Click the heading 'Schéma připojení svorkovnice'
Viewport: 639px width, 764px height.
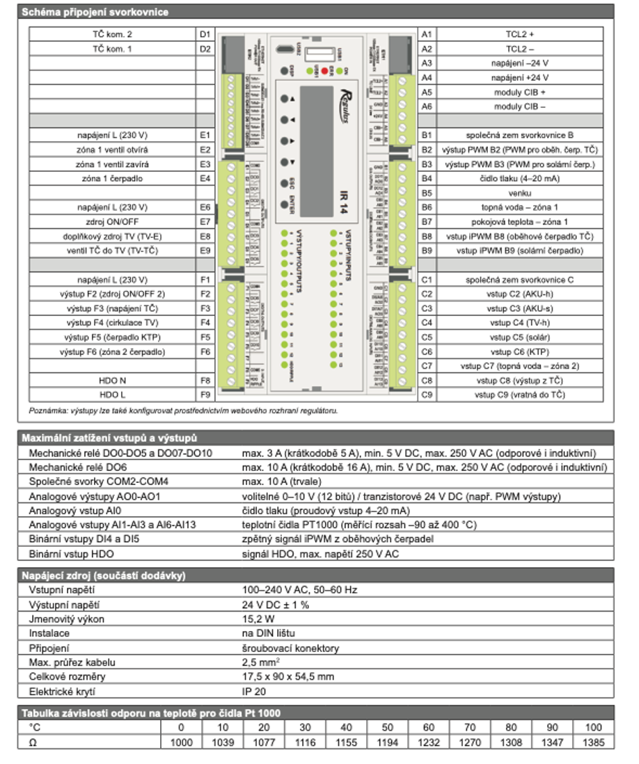pos(95,12)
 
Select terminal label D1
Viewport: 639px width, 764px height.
pos(205,34)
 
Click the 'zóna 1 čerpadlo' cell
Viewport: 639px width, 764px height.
pos(111,179)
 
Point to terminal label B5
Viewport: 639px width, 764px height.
pos(427,193)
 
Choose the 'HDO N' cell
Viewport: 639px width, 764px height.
pos(111,381)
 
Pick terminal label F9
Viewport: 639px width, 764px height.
pos(205,395)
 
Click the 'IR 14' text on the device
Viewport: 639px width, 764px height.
pos(341,193)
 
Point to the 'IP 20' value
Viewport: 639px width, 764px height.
pos(255,692)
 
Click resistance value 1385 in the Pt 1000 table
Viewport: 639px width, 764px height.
pos(594,742)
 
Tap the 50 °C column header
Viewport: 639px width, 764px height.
pos(388,728)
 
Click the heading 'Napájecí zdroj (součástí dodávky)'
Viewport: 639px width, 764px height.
pos(103,575)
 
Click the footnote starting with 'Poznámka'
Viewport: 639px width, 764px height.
pos(183,411)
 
